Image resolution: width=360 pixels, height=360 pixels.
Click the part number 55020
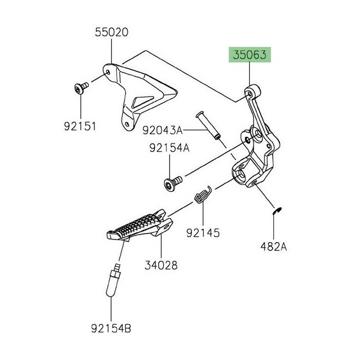click(x=112, y=32)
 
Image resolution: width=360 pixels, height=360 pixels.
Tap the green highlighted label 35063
click(x=250, y=55)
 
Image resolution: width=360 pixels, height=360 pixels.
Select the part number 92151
click(x=80, y=127)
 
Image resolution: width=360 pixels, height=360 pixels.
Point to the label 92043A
click(x=163, y=130)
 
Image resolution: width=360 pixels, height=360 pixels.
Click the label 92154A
click(x=170, y=148)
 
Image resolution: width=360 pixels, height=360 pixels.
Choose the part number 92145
click(x=203, y=233)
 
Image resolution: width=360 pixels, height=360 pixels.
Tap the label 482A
click(x=274, y=247)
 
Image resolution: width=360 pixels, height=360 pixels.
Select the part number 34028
click(x=161, y=265)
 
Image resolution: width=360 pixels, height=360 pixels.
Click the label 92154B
click(x=111, y=328)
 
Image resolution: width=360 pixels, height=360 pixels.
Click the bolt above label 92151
click(x=81, y=88)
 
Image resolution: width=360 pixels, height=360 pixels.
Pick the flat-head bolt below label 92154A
click(x=173, y=183)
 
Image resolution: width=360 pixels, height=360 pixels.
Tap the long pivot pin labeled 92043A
click(x=208, y=125)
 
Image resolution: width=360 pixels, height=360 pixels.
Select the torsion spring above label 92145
click(x=203, y=195)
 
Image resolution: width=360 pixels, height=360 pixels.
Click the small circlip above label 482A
click(x=277, y=211)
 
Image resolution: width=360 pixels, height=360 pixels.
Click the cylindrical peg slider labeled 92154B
click(x=113, y=280)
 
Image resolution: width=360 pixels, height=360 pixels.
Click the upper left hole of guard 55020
click(x=109, y=73)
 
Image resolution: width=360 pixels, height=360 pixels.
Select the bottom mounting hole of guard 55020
click(x=127, y=124)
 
